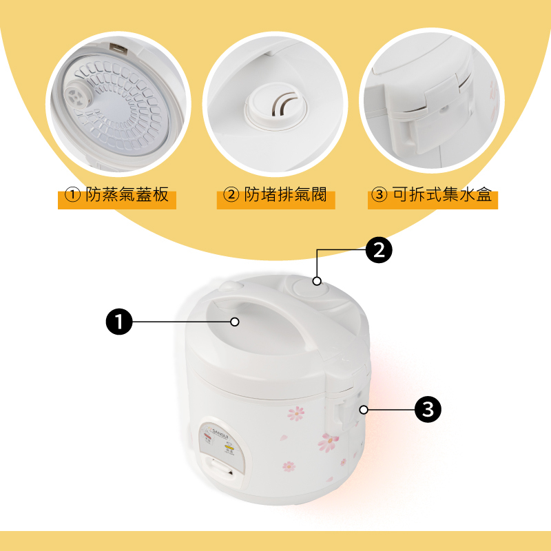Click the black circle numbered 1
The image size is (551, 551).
click(120, 322)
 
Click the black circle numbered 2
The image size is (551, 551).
click(378, 250)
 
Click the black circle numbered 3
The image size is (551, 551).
click(428, 410)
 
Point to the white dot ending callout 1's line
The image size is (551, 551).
click(235, 322)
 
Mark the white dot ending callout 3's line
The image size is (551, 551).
click(363, 410)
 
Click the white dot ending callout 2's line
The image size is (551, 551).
click(317, 280)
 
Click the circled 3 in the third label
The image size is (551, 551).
click(379, 196)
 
